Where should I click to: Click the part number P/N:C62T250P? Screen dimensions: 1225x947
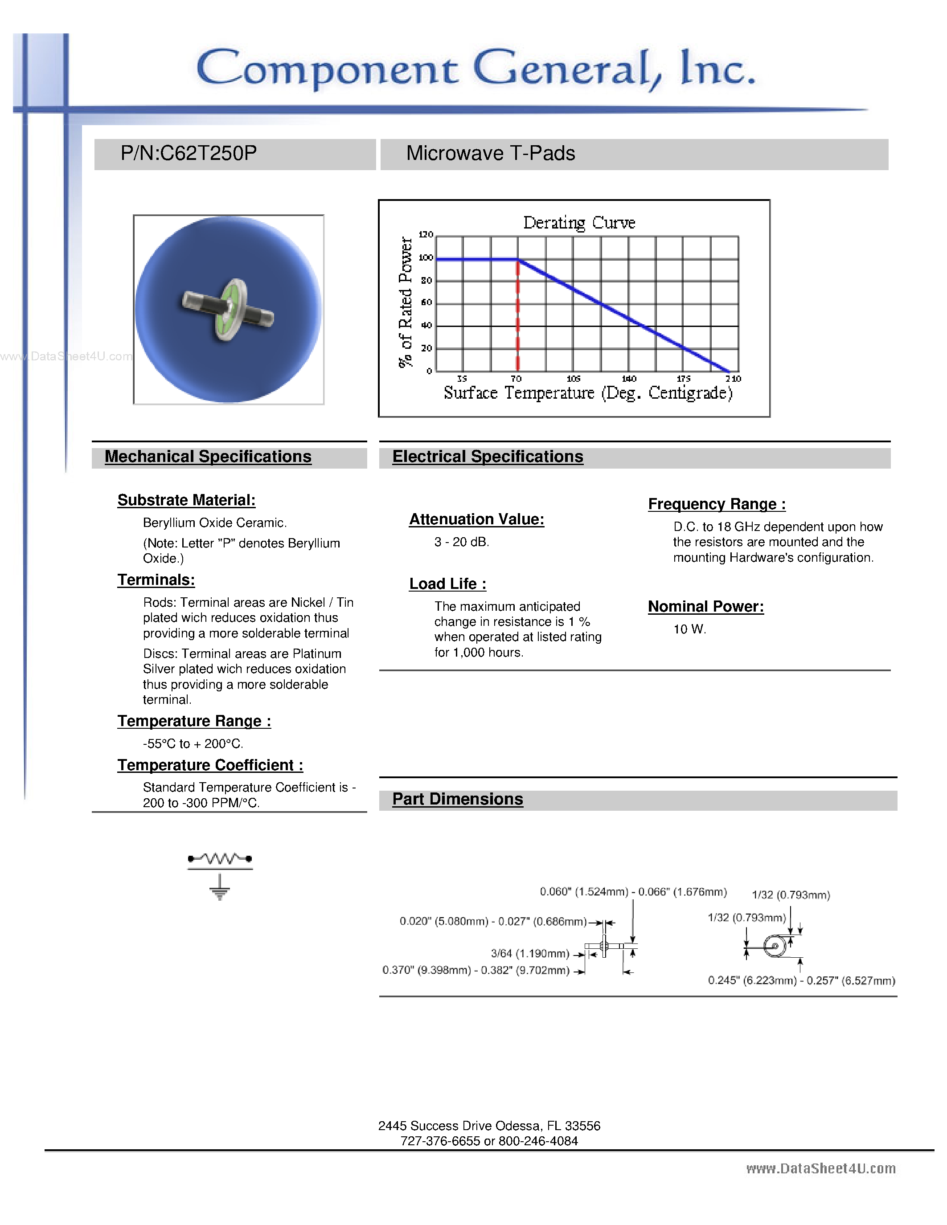[189, 154]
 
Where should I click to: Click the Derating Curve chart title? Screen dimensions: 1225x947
[578, 223]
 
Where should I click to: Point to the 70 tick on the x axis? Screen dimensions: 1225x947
[516, 379]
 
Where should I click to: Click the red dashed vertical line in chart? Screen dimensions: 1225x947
[518, 320]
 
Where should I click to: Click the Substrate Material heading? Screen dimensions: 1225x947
[186, 500]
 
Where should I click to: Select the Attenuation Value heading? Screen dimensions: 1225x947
[476, 519]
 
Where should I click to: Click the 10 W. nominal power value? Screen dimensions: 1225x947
[689, 629]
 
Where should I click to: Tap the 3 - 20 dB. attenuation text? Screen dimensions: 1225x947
[461, 542]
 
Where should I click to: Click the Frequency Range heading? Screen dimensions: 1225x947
[717, 504]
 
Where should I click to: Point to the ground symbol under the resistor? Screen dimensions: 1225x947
[220, 888]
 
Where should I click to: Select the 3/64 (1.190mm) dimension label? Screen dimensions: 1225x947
[529, 954]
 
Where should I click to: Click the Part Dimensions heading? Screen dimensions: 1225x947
[457, 799]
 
